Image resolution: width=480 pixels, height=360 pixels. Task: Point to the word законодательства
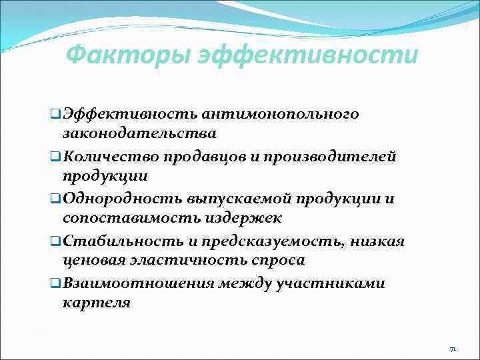coord(139,133)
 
